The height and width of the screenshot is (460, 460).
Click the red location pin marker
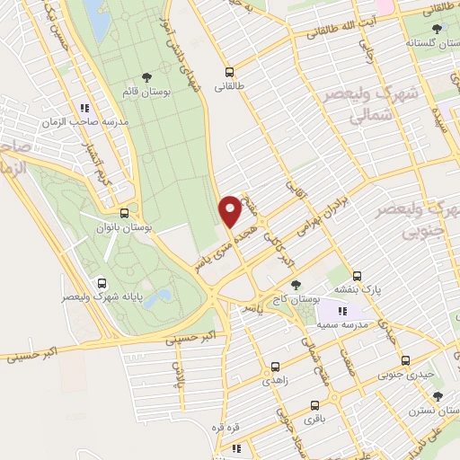[x=230, y=210]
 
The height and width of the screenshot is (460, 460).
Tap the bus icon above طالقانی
[x=229, y=72]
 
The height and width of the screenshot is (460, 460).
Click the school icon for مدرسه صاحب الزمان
[x=84, y=104]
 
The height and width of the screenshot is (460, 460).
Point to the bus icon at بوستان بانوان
[x=124, y=213]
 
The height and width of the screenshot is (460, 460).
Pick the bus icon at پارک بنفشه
[x=358, y=276]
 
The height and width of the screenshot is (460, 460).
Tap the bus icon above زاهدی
[x=275, y=366]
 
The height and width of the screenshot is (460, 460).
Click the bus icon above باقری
[x=314, y=405]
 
